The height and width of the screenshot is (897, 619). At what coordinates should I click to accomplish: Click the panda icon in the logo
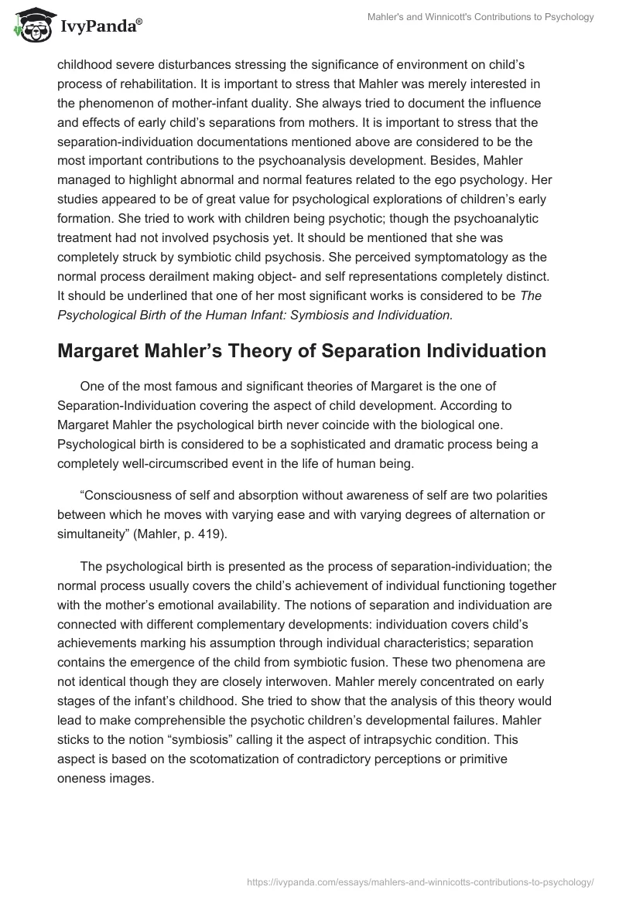pos(29,26)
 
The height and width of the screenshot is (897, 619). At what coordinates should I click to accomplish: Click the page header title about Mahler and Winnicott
pos(480,17)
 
